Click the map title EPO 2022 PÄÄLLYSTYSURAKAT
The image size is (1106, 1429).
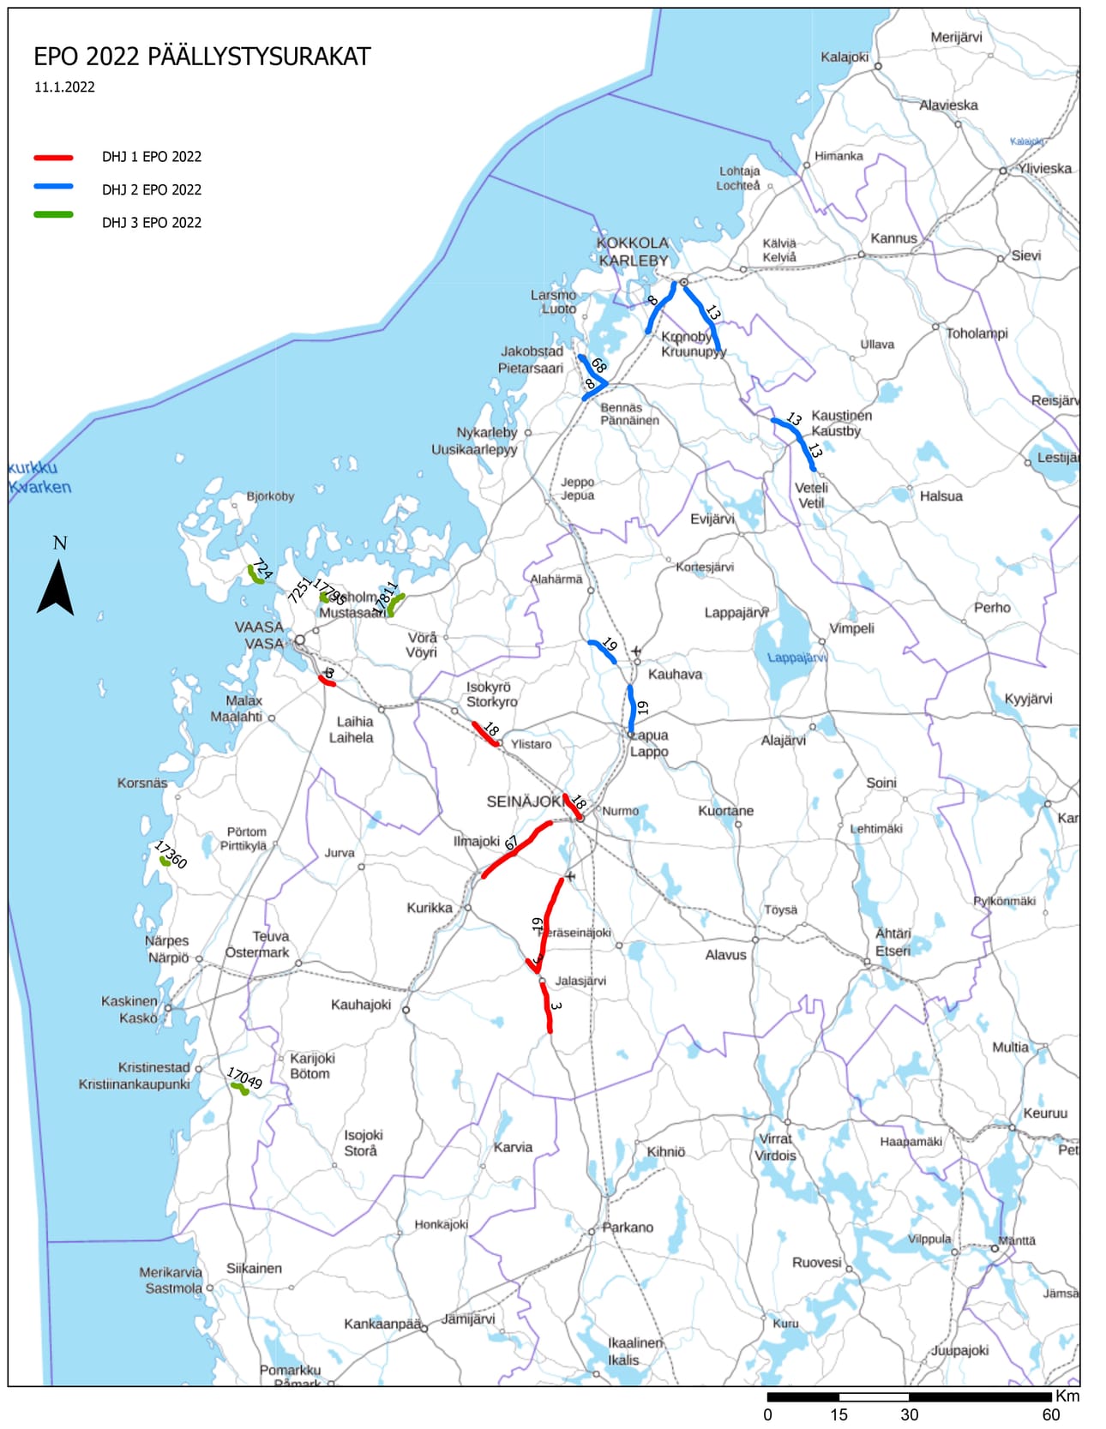pos(201,57)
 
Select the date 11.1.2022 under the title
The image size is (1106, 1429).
pos(64,87)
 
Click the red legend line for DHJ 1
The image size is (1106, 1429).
pos(53,158)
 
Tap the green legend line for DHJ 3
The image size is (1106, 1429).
pos(53,214)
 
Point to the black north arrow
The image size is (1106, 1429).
pos(55,588)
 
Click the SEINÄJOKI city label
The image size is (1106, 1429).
pos(526,802)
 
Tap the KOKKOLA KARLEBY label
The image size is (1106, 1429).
pos(633,251)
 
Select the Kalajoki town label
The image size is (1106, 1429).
pos(845,57)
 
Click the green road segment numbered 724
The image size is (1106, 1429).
pos(255,574)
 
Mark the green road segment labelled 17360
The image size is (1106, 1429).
pos(165,861)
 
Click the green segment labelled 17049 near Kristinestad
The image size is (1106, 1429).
pos(239,1088)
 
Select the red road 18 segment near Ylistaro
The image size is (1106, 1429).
pos(485,735)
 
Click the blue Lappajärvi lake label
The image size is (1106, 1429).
pos(796,657)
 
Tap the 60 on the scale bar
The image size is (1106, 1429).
pos(1050,1414)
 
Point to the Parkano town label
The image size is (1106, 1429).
pos(627,1227)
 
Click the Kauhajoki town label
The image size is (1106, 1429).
pos(360,1005)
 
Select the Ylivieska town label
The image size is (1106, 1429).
pos(1044,168)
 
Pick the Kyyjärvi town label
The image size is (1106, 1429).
pos(1028,698)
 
